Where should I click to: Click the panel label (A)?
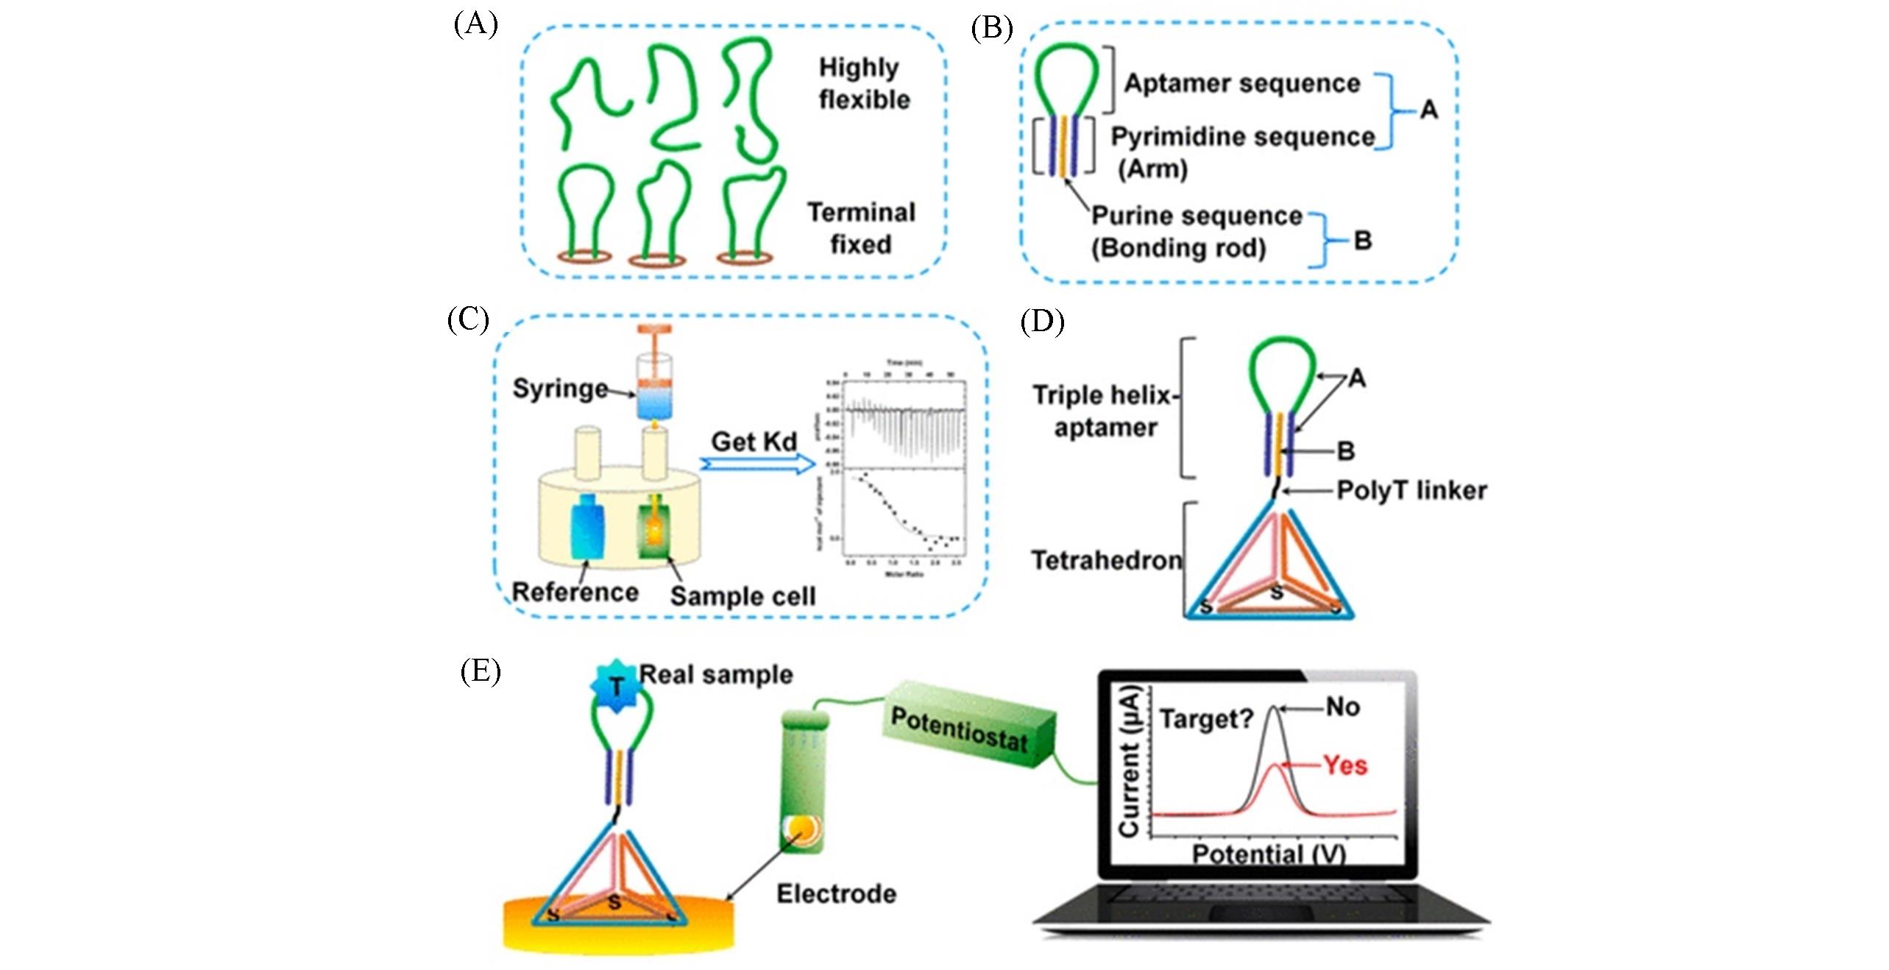pos(475,26)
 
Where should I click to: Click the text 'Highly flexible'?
pos(863,83)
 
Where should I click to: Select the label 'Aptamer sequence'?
pos(1241,84)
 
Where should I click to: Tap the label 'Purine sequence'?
pos(1196,216)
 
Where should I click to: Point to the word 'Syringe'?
pos(560,389)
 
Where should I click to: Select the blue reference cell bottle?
pos(587,526)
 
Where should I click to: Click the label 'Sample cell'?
pos(743,596)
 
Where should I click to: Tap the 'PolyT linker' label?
pos(1411,491)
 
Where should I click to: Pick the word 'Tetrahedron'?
pos(1106,561)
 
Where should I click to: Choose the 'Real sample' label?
pos(715,675)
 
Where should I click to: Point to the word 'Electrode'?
pos(836,894)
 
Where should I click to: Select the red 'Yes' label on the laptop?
pos(1345,766)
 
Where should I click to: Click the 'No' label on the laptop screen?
pos(1342,707)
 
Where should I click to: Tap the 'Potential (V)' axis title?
pos(1268,854)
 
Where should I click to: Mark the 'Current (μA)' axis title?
pos(1129,762)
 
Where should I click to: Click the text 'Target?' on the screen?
pos(1206,718)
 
